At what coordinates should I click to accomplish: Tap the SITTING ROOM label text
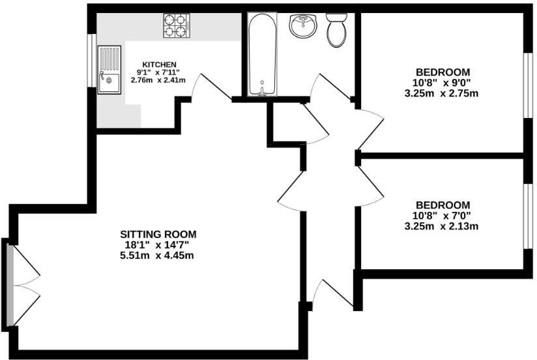point(158,233)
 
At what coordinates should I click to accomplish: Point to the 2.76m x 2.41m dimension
point(158,80)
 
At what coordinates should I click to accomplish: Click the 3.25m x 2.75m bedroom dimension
point(442,93)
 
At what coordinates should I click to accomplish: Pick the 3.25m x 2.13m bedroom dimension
point(442,227)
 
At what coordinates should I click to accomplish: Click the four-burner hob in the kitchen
point(176,25)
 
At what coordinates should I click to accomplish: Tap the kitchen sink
point(109,70)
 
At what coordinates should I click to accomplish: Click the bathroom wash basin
point(303,27)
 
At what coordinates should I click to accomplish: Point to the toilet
point(336,30)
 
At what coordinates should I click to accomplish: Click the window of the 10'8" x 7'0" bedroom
point(528,217)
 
